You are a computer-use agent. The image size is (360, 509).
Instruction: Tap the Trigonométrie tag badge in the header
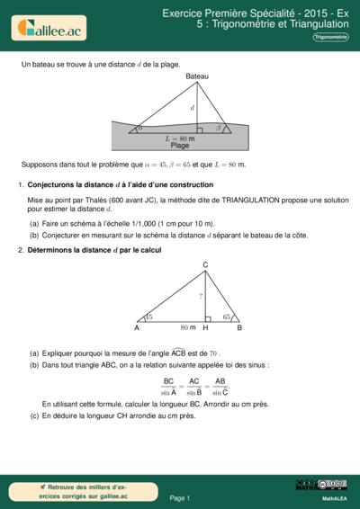(330, 37)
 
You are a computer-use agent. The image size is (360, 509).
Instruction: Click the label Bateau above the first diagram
(197, 76)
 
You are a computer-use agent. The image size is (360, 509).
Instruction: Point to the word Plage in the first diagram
(180, 145)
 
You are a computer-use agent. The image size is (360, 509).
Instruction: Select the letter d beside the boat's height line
(192, 108)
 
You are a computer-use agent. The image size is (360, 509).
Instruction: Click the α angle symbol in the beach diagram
(139, 128)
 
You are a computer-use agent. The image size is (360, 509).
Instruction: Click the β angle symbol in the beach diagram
(219, 128)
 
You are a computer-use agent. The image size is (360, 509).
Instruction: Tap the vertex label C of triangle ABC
(205, 263)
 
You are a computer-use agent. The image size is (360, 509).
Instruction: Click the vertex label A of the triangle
(137, 328)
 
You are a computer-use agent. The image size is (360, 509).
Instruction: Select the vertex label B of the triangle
(238, 328)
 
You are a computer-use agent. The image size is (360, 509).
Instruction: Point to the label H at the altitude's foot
(205, 328)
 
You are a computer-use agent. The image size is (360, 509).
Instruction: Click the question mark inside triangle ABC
(201, 296)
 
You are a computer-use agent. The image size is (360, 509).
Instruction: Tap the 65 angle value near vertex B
(227, 317)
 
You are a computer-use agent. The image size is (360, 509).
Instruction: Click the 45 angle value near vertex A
(148, 317)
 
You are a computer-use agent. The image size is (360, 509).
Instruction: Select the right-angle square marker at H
(207, 318)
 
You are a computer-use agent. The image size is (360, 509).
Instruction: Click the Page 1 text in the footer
(179, 496)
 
